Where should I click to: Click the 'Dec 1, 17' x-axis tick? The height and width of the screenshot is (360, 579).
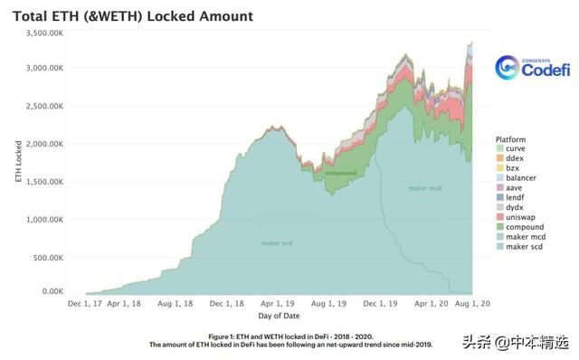[x=87, y=304]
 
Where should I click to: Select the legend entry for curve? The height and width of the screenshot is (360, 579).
[x=517, y=149]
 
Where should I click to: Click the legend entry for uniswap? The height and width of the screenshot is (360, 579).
[x=520, y=218]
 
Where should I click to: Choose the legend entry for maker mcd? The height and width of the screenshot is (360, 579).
[x=524, y=237]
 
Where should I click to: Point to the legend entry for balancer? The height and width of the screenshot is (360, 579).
[x=522, y=178]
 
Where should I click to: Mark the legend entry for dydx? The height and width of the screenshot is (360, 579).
[x=516, y=208]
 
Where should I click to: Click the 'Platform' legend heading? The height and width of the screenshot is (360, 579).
[x=512, y=139]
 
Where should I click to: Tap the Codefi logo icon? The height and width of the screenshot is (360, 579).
[x=508, y=68]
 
